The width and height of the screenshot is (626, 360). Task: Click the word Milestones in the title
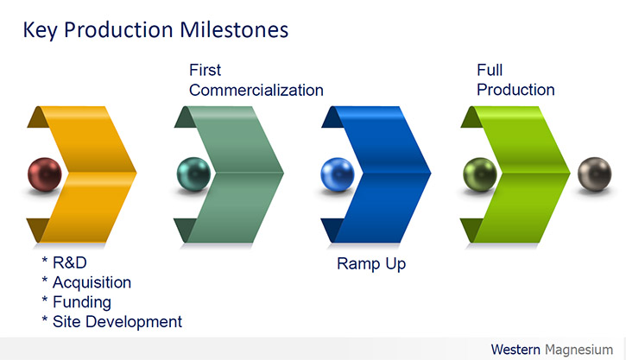(x=234, y=30)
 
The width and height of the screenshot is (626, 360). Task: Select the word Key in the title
(x=40, y=31)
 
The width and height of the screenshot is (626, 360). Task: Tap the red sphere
(x=45, y=174)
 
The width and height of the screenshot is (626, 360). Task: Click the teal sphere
(x=193, y=174)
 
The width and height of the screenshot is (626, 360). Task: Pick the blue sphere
(x=338, y=174)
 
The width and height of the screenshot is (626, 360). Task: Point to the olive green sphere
(x=480, y=174)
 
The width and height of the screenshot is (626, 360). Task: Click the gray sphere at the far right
(x=594, y=174)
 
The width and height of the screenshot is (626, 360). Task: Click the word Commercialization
(x=256, y=90)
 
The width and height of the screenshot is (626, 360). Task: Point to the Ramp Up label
(x=371, y=264)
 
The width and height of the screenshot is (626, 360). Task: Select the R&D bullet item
(x=64, y=262)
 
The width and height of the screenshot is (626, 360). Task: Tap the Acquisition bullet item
(x=86, y=282)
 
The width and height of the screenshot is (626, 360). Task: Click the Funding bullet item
(x=76, y=302)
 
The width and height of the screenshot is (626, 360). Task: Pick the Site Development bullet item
(x=111, y=322)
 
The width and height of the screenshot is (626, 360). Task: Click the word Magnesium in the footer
(x=579, y=350)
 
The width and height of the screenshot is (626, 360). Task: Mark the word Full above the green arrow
(x=490, y=70)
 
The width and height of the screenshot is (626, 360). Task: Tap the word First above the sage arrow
(x=205, y=70)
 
